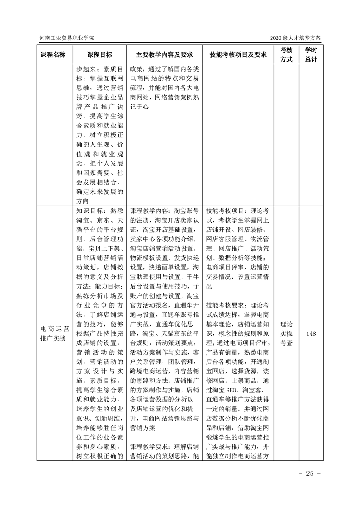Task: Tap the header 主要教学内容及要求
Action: tap(164, 55)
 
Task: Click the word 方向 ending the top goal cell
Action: tap(84, 200)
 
